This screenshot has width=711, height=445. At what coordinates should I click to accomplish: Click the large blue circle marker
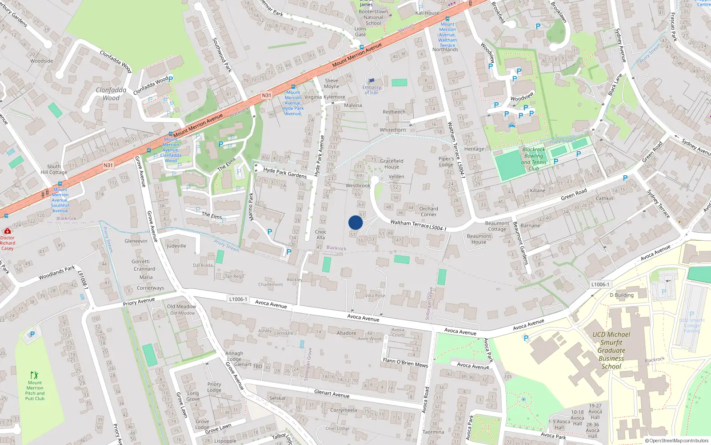point(355,222)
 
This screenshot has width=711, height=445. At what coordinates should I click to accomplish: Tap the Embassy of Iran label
point(371,90)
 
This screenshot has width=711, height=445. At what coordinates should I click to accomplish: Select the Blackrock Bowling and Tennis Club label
point(534,159)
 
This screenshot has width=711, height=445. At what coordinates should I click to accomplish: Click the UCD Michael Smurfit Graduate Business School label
point(611,350)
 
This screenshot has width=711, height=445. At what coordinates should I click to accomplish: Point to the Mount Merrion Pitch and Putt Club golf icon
point(34,375)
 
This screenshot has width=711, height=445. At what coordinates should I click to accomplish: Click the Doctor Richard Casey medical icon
point(7,231)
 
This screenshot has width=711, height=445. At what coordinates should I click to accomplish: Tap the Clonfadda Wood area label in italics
point(111,94)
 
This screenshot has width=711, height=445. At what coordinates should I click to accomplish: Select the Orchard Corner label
point(428,211)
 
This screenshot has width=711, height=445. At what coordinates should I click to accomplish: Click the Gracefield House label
point(391,164)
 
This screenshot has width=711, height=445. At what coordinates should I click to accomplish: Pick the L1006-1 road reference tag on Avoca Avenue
point(238,299)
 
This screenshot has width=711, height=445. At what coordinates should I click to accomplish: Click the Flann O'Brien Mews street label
point(405,362)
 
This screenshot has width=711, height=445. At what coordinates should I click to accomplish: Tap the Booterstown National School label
point(373,17)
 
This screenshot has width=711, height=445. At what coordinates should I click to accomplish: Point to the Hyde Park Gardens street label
point(285,173)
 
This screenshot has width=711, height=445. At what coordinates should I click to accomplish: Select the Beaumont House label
point(479,239)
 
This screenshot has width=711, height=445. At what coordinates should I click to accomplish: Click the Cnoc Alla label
point(320,235)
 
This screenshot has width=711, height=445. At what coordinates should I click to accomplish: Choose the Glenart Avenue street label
point(332,393)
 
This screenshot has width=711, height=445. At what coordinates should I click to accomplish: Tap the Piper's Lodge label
point(446,162)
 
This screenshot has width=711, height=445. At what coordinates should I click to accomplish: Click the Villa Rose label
point(375,295)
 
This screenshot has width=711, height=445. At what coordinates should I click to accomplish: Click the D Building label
point(622,295)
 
